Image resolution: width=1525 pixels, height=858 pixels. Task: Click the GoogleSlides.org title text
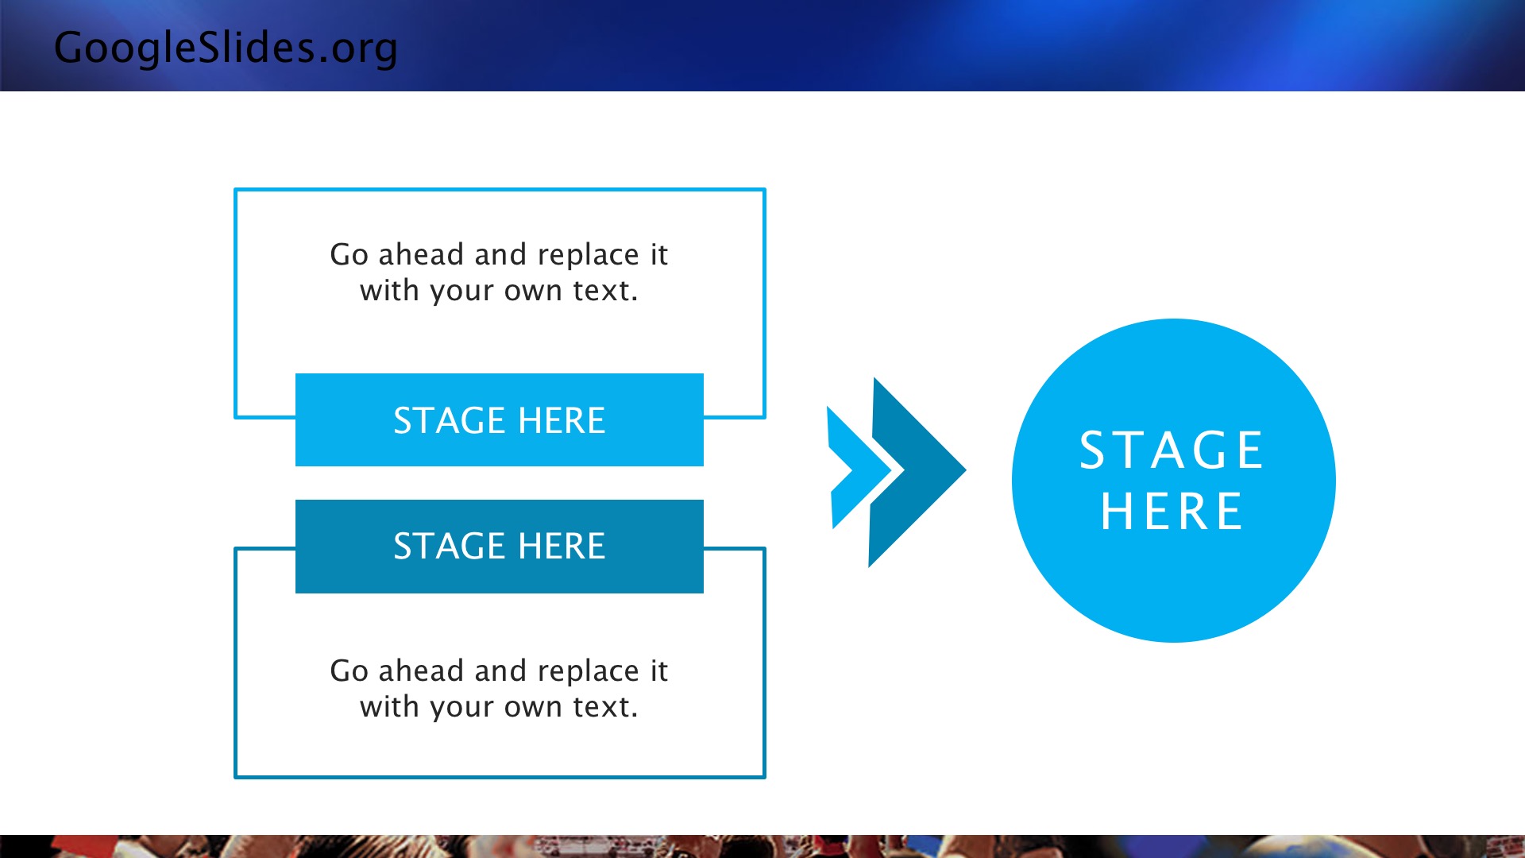point(226,48)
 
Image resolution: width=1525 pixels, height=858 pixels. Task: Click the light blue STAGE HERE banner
point(500,419)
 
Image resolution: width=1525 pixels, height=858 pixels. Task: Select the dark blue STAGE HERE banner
point(500,547)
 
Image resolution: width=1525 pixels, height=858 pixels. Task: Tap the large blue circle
point(1174,481)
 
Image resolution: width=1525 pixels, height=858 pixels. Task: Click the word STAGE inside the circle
point(1172,450)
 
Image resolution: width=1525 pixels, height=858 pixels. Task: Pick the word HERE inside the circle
point(1172,511)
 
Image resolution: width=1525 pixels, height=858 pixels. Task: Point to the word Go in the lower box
point(349,671)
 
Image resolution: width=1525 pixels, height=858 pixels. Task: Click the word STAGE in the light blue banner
point(450,420)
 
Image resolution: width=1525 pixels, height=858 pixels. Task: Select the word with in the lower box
point(389,706)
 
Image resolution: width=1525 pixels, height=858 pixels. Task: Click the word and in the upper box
point(500,254)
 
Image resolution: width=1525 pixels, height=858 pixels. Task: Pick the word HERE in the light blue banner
point(562,420)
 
